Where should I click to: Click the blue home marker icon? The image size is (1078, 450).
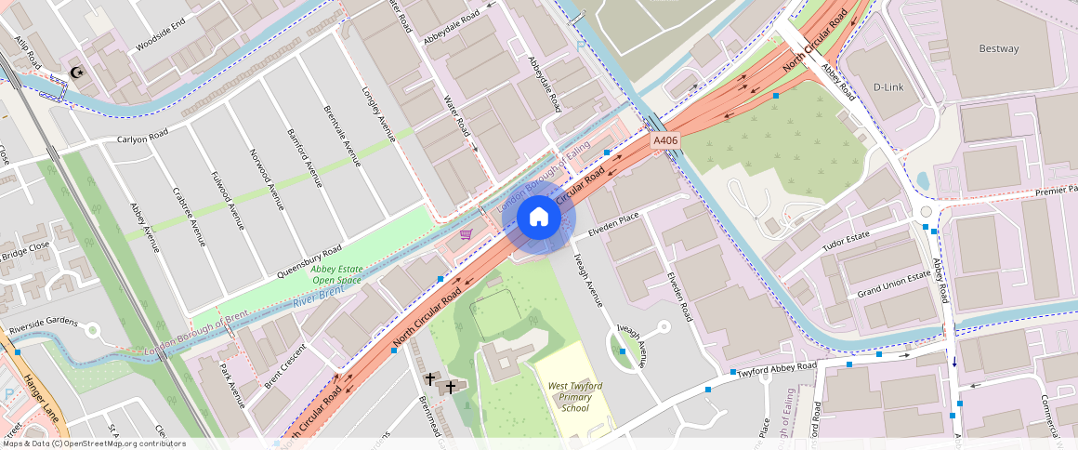(x=538, y=218)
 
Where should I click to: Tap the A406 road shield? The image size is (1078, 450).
(x=665, y=140)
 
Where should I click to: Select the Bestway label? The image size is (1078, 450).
(x=999, y=48)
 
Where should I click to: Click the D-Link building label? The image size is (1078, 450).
(x=888, y=87)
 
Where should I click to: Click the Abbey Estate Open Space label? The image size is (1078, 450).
(x=336, y=274)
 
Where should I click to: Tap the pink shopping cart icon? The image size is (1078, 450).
(x=467, y=234)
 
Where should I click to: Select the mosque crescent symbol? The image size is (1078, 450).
(x=77, y=73)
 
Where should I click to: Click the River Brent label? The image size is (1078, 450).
(x=318, y=297)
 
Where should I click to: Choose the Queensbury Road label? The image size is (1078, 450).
(x=309, y=262)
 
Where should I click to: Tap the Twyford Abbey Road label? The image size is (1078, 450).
(x=776, y=369)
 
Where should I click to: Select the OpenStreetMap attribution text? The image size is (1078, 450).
(x=94, y=443)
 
